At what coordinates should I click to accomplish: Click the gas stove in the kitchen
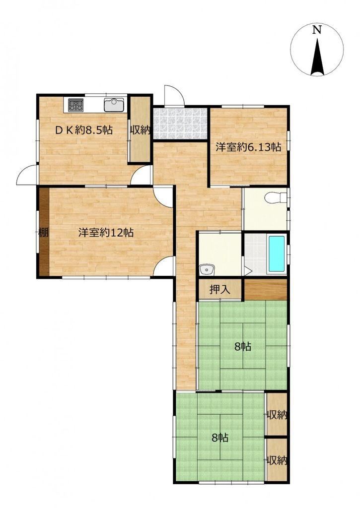coord(75,105)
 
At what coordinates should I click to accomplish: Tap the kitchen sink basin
coord(114,105)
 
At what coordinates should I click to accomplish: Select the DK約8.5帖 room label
coord(84,130)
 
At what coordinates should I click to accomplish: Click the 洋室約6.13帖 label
coord(248,147)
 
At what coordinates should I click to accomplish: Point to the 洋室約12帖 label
coord(106,233)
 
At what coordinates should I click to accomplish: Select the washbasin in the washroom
coord(206,269)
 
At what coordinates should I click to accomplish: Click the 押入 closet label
coord(220,289)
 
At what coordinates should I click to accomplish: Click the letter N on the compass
coord(316,30)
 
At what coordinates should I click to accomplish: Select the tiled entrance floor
coord(180,124)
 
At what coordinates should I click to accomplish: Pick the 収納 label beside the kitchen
coord(141,130)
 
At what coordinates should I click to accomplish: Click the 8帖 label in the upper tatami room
coord(243,347)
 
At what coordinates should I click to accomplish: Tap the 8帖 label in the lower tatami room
coord(220,438)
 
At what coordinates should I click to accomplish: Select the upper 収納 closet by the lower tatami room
coord(276,414)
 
